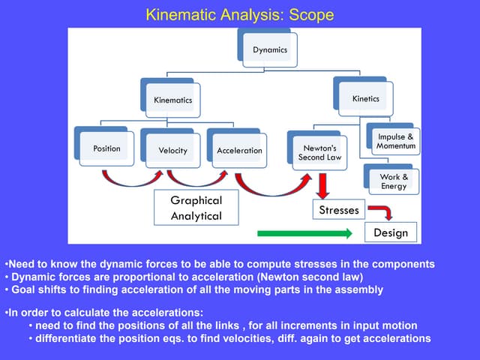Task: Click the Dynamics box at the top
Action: tap(268, 50)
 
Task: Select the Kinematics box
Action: tap(172, 100)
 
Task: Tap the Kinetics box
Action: tap(365, 98)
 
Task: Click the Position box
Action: tap(106, 148)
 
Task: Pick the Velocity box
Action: tap(172, 150)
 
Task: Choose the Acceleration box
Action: tap(239, 150)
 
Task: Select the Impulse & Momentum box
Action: tap(395, 141)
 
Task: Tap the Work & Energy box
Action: tap(394, 181)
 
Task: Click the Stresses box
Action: tap(338, 210)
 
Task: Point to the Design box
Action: tap(391, 232)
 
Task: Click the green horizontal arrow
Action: tap(304, 234)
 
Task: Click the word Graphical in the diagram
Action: tap(196, 200)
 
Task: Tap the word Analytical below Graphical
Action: tap(196, 216)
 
